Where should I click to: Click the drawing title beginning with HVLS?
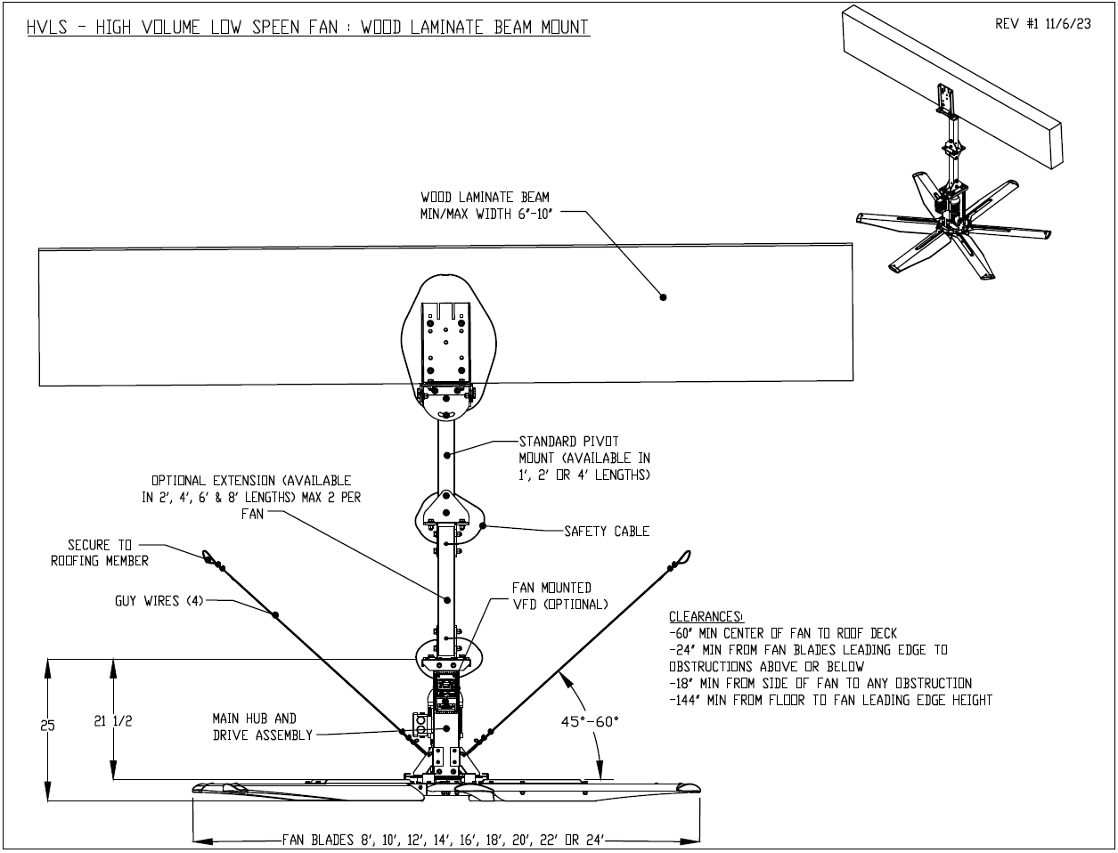click(308, 27)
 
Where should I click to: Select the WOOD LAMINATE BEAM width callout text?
click(486, 205)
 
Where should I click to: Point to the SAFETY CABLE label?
click(607, 532)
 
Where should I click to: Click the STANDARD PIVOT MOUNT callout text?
click(583, 458)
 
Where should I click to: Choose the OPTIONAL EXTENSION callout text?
click(252, 497)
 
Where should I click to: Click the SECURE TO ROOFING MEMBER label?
click(100, 552)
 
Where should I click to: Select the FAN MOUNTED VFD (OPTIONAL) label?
click(559, 596)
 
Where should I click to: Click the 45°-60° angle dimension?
click(589, 721)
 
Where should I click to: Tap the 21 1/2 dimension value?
click(113, 721)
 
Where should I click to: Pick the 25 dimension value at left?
click(48, 726)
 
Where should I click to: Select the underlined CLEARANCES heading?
click(705, 616)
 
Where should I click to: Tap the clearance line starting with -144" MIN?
click(829, 700)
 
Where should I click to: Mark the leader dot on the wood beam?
click(663, 297)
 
